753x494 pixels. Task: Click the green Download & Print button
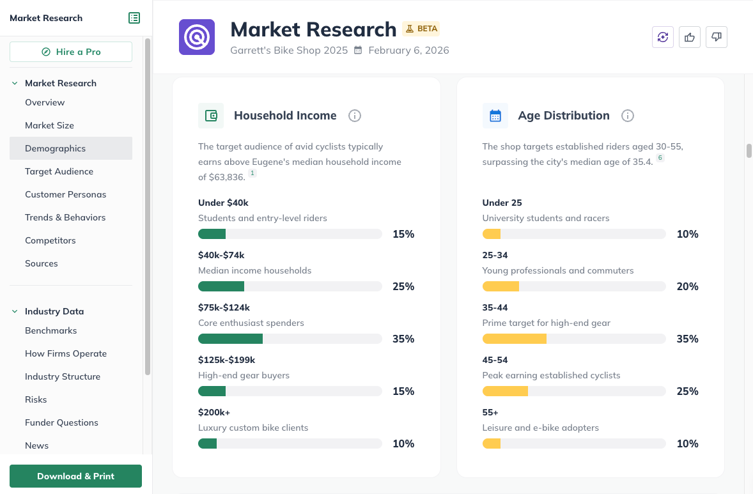pyautogui.click(x=75, y=476)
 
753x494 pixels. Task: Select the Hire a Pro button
pyautogui.click(x=71, y=52)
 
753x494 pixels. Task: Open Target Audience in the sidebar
pyautogui.click(x=59, y=171)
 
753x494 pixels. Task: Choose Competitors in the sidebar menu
pyautogui.click(x=50, y=240)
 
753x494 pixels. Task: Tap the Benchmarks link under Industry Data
pyautogui.click(x=50, y=330)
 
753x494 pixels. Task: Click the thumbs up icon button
pyautogui.click(x=690, y=37)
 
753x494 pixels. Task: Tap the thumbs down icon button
pyautogui.click(x=717, y=37)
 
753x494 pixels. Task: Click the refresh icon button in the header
pyautogui.click(x=663, y=37)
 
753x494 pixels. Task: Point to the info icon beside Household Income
pyautogui.click(x=355, y=116)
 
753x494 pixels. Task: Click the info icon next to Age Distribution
pyautogui.click(x=628, y=116)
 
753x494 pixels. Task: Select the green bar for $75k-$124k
pyautogui.click(x=230, y=339)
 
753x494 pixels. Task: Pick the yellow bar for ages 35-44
pyautogui.click(x=514, y=339)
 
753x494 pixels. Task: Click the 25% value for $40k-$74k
pyautogui.click(x=403, y=286)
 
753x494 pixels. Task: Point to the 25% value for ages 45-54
pyautogui.click(x=687, y=391)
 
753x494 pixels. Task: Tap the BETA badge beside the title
pyautogui.click(x=421, y=29)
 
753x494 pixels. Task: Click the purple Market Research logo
pyautogui.click(x=197, y=37)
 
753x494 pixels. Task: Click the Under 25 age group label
pyautogui.click(x=502, y=203)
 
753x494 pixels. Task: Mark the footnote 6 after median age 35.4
pyautogui.click(x=660, y=158)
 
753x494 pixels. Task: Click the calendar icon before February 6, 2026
pyautogui.click(x=358, y=50)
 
